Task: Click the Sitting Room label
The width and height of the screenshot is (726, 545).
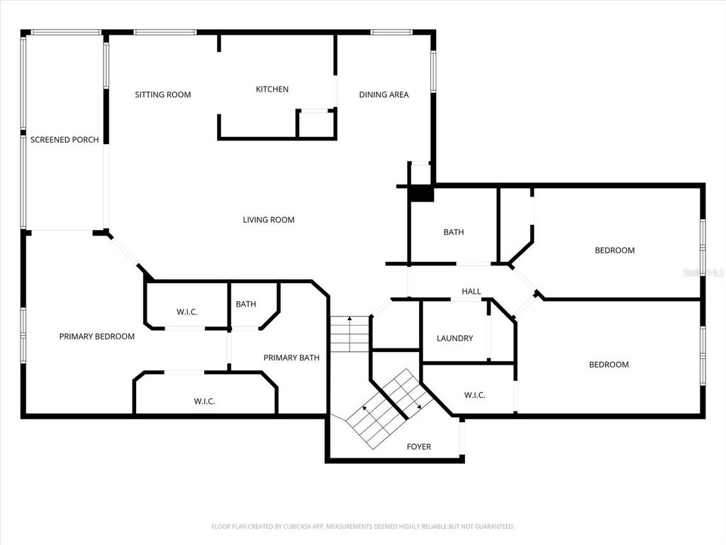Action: (x=163, y=94)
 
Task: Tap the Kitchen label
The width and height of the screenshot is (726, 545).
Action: (x=272, y=89)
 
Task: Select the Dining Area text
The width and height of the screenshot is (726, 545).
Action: (x=384, y=94)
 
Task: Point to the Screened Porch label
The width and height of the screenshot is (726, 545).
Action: (x=65, y=140)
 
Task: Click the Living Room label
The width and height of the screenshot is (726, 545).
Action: (x=269, y=220)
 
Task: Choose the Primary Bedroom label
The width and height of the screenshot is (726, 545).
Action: (x=96, y=336)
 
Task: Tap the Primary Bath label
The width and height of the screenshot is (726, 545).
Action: (x=291, y=358)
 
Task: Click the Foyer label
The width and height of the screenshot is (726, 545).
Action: (x=418, y=446)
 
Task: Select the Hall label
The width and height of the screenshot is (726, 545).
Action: (x=471, y=292)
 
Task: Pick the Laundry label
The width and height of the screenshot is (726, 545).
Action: (x=454, y=338)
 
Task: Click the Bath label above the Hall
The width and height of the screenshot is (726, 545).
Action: (x=454, y=232)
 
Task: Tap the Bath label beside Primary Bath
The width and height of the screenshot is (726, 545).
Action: (x=246, y=304)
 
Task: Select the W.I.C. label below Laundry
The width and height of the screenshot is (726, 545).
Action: (x=474, y=395)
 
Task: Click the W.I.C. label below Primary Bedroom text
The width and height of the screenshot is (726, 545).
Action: (x=204, y=401)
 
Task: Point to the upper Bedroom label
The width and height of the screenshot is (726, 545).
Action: (x=615, y=251)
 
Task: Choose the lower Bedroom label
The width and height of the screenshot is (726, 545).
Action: (x=609, y=365)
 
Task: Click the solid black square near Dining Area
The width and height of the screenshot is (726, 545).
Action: (x=422, y=193)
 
